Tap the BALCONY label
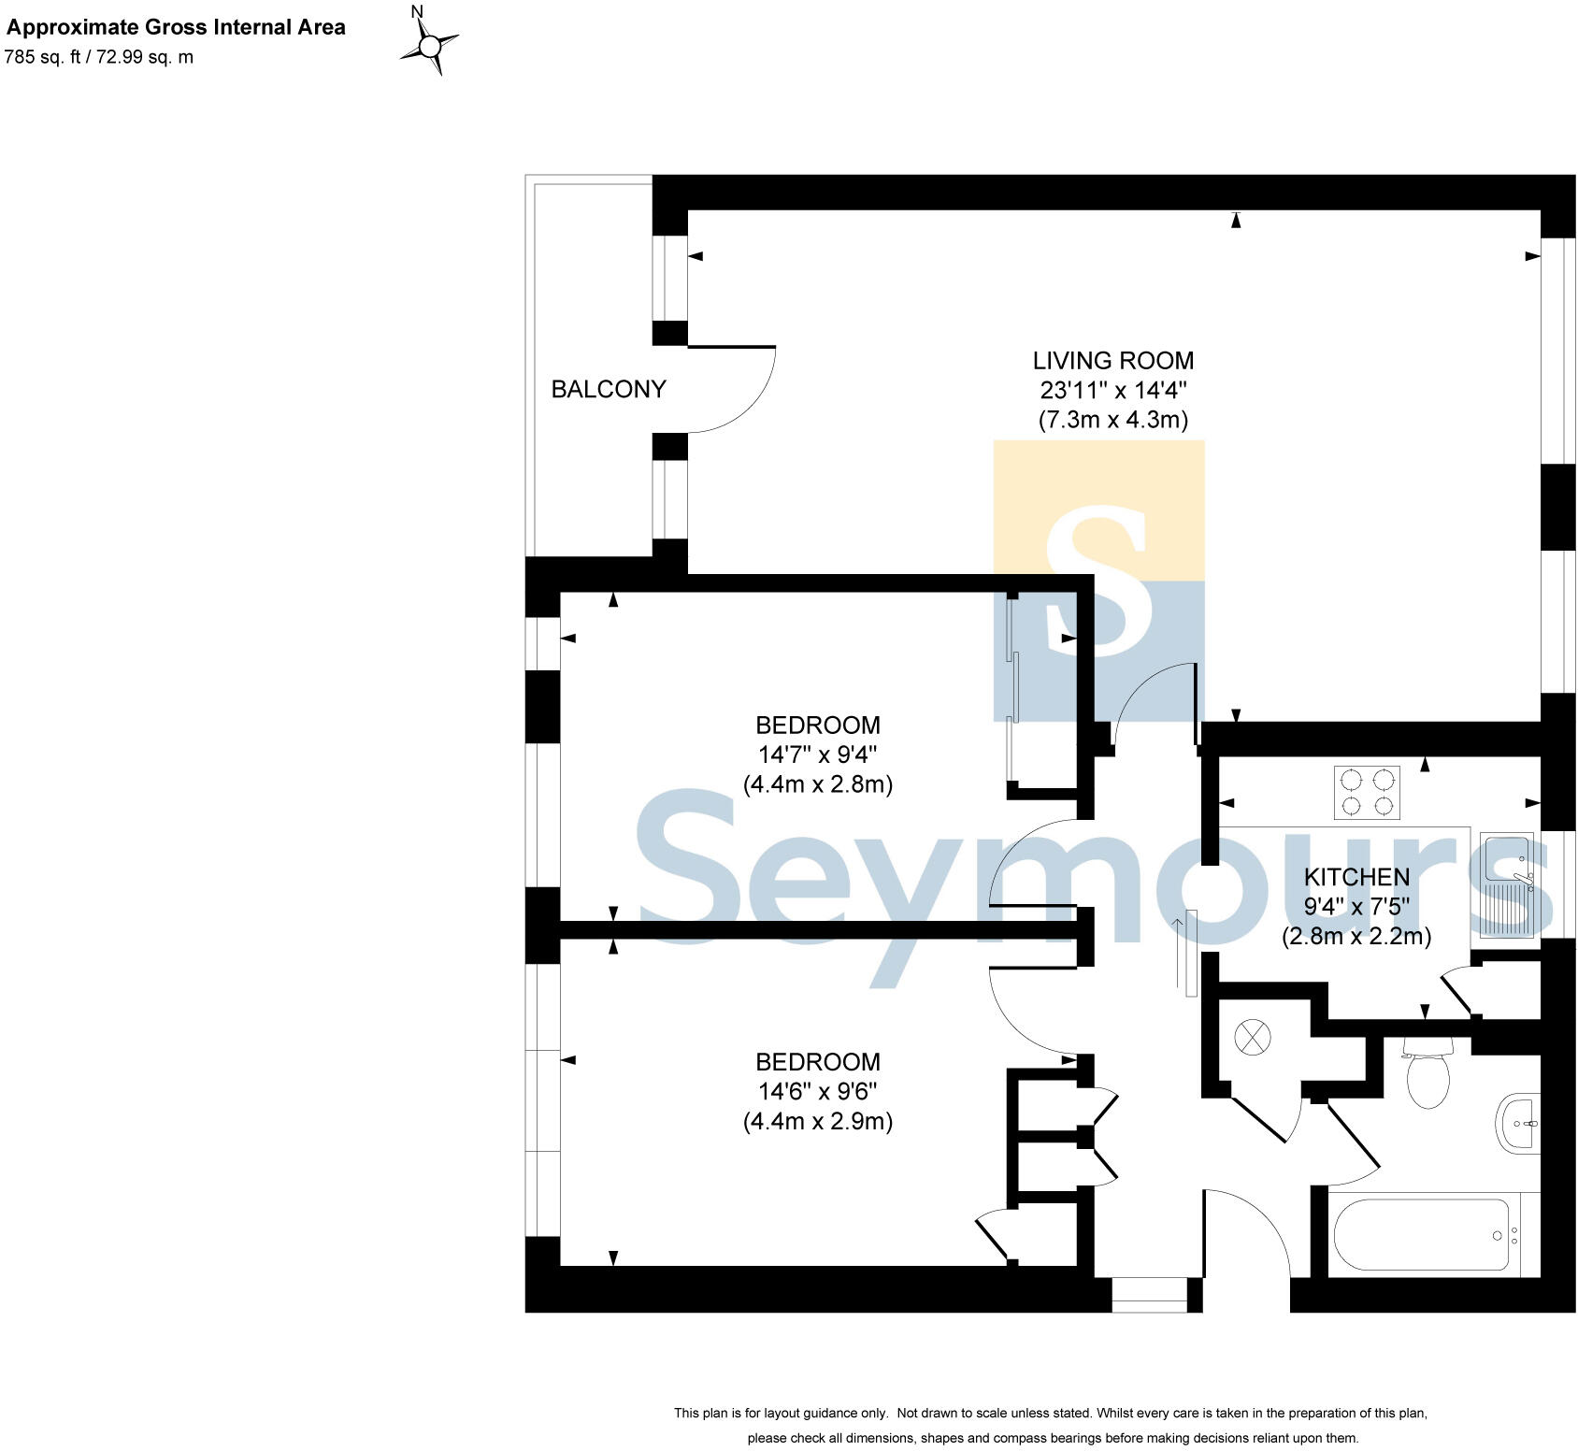(x=609, y=389)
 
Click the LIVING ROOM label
(x=1112, y=360)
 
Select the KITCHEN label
(x=1356, y=877)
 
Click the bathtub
(x=1421, y=1235)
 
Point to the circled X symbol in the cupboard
(x=1254, y=1037)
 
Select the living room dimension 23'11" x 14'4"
(x=1112, y=390)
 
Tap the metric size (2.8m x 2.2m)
(x=1356, y=936)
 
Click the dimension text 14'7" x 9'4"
(x=817, y=754)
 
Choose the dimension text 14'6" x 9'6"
(x=817, y=1091)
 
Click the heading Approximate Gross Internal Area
(x=176, y=27)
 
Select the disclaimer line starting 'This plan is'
(x=1051, y=1413)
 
